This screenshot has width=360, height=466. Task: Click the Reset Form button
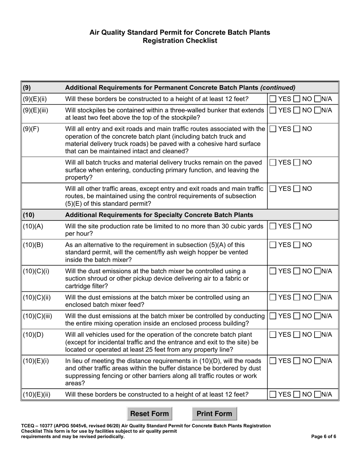(x=149, y=414)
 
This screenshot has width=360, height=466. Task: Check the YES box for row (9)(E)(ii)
(x=273, y=99)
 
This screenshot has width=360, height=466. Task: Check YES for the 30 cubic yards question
(x=273, y=227)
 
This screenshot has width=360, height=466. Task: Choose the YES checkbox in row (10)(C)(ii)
(x=273, y=298)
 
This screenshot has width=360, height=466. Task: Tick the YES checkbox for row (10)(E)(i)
(x=273, y=361)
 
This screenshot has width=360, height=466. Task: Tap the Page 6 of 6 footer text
(x=323, y=436)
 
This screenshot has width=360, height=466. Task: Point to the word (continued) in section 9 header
(x=278, y=88)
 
